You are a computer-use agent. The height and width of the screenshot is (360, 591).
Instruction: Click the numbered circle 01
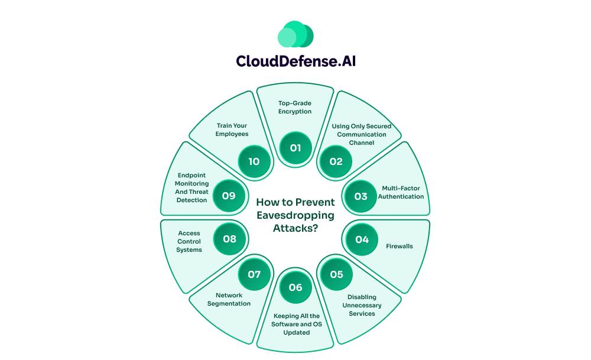pos(295,148)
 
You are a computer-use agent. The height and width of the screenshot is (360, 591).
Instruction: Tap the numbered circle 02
pos(336,161)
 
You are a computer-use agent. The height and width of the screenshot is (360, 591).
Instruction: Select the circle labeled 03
pos(361,196)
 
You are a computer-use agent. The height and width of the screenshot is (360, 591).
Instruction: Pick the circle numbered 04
pos(362,239)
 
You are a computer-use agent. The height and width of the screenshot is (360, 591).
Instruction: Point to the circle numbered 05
pos(336,274)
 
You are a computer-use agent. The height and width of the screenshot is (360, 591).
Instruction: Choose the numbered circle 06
pos(295,287)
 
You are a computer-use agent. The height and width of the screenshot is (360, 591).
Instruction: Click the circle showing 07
pos(254,274)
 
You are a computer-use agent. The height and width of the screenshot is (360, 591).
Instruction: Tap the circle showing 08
pos(229,239)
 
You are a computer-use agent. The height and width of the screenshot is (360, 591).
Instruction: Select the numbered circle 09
pos(229,196)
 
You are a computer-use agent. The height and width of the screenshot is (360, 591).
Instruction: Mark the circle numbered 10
pos(254,161)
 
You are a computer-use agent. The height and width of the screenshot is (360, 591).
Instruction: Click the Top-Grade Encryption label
pos(295,107)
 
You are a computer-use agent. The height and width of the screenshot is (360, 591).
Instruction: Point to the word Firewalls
pos(400,246)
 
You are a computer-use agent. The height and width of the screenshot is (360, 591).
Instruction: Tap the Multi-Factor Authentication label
pos(401,193)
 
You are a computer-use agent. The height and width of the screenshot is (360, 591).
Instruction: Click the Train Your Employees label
pos(232,129)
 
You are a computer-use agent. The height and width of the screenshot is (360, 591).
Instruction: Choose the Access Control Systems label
pos(189,241)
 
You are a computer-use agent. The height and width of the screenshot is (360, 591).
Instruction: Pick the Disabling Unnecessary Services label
pos(362,305)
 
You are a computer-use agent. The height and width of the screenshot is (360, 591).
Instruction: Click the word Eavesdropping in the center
pos(295,215)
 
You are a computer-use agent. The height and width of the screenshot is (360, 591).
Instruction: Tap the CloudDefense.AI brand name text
pos(295,61)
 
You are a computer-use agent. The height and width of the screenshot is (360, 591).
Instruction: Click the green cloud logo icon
pos(295,34)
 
